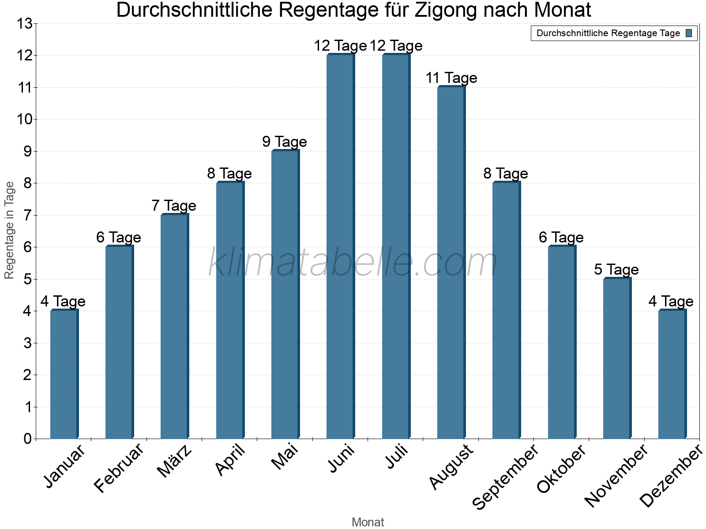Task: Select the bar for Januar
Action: point(64,374)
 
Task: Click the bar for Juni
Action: point(340,246)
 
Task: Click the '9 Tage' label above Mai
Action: point(285,142)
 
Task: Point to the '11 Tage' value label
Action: point(451,78)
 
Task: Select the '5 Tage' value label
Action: point(616,269)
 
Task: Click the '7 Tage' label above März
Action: point(174,206)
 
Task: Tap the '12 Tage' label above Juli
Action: point(396,46)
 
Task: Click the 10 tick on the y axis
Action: point(24,119)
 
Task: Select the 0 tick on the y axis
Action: point(28,439)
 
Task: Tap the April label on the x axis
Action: point(230,461)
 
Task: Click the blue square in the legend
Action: point(689,33)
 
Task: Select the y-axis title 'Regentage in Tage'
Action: point(9,230)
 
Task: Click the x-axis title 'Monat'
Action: point(368,522)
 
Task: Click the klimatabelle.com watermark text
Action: point(353,263)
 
